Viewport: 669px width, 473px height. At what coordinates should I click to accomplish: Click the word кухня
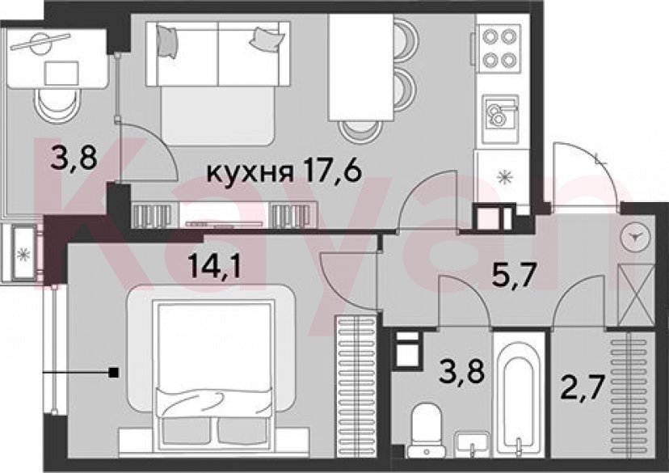pos(250,172)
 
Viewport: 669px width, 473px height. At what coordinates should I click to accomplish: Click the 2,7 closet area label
pos(583,387)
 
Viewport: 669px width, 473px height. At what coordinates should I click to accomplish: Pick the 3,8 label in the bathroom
pos(461,370)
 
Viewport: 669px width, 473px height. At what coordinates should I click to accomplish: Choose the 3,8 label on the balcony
pos(74,157)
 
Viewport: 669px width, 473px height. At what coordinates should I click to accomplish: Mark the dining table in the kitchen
pos(361,67)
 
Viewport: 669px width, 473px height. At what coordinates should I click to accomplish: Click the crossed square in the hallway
pos(636,295)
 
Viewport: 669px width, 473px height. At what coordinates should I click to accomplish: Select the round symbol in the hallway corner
pos(636,238)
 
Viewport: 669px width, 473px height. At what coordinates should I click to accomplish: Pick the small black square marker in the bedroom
pos(113,373)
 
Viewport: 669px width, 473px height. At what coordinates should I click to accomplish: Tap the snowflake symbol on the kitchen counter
pos(505,177)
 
